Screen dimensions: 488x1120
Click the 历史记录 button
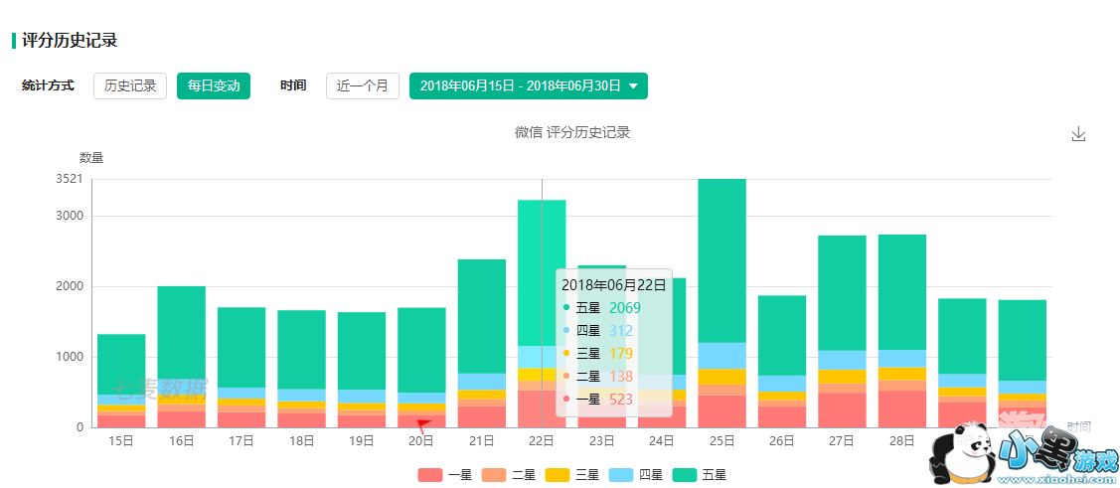coord(130,85)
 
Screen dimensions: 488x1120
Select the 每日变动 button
coord(214,85)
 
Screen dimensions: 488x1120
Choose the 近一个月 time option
coord(363,85)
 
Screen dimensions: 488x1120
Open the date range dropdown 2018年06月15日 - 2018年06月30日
coord(528,86)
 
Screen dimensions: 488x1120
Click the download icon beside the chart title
coord(1078,134)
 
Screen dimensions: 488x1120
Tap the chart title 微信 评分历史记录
coord(572,132)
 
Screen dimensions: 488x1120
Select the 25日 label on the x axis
coord(722,440)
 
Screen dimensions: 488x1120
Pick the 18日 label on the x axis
coord(301,440)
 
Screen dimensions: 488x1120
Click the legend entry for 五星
coord(700,475)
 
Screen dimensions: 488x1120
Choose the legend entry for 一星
coord(445,475)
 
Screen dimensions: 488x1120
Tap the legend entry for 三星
coord(572,475)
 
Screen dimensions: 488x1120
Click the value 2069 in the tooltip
coord(625,308)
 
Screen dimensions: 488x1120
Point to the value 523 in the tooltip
coord(620,399)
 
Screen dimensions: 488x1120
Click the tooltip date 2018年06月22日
coord(613,285)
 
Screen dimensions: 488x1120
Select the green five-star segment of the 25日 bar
coord(722,260)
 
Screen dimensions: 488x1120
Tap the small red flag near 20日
coord(423,425)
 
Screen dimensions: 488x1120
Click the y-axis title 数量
coord(91,157)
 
